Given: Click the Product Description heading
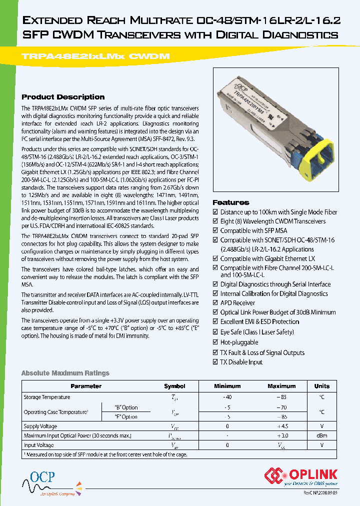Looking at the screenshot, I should click(63, 97).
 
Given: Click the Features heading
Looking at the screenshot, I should click(231, 202).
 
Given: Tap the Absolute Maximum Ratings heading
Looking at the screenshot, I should click(65, 373).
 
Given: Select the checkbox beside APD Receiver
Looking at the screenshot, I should click(215, 303).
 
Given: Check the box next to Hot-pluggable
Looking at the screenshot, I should click(215, 342).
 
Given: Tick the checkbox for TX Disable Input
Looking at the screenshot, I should click(215, 362).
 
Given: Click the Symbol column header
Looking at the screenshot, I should click(174, 386).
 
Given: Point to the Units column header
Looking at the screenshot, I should click(321, 386).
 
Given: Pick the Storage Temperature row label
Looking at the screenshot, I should click(47, 397).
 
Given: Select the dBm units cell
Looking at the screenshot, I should click(321, 436).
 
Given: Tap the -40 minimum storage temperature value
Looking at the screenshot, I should click(227, 397).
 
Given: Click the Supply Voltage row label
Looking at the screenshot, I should click(40, 426).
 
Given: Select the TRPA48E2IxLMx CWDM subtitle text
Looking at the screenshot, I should click(95, 56).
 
